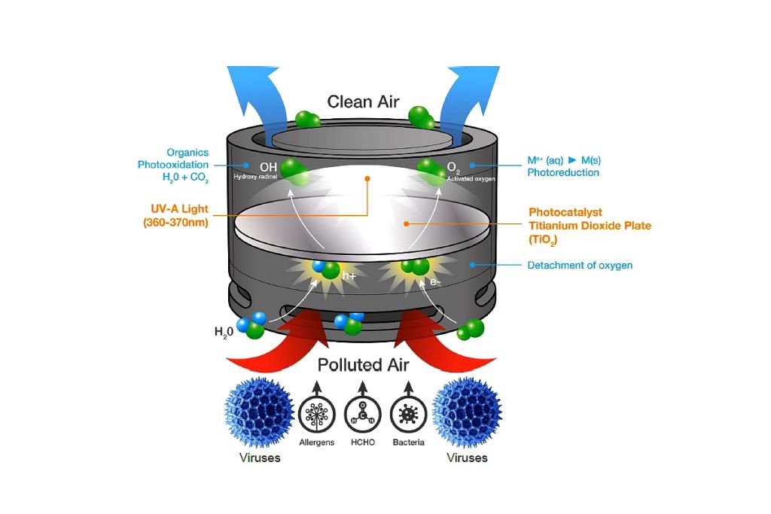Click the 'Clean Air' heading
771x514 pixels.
click(363, 102)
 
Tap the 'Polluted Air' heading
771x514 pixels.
click(363, 365)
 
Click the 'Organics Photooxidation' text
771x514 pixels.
click(175, 158)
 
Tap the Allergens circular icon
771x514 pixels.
click(316, 414)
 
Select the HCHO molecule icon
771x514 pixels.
click(363, 414)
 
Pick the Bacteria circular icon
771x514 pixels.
click(409, 414)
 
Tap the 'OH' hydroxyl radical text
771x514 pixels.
click(268, 166)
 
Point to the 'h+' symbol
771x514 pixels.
click(349, 276)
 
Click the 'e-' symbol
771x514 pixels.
click(434, 281)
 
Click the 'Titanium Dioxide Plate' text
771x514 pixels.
click(590, 225)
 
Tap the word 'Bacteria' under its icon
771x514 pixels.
click(409, 442)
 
